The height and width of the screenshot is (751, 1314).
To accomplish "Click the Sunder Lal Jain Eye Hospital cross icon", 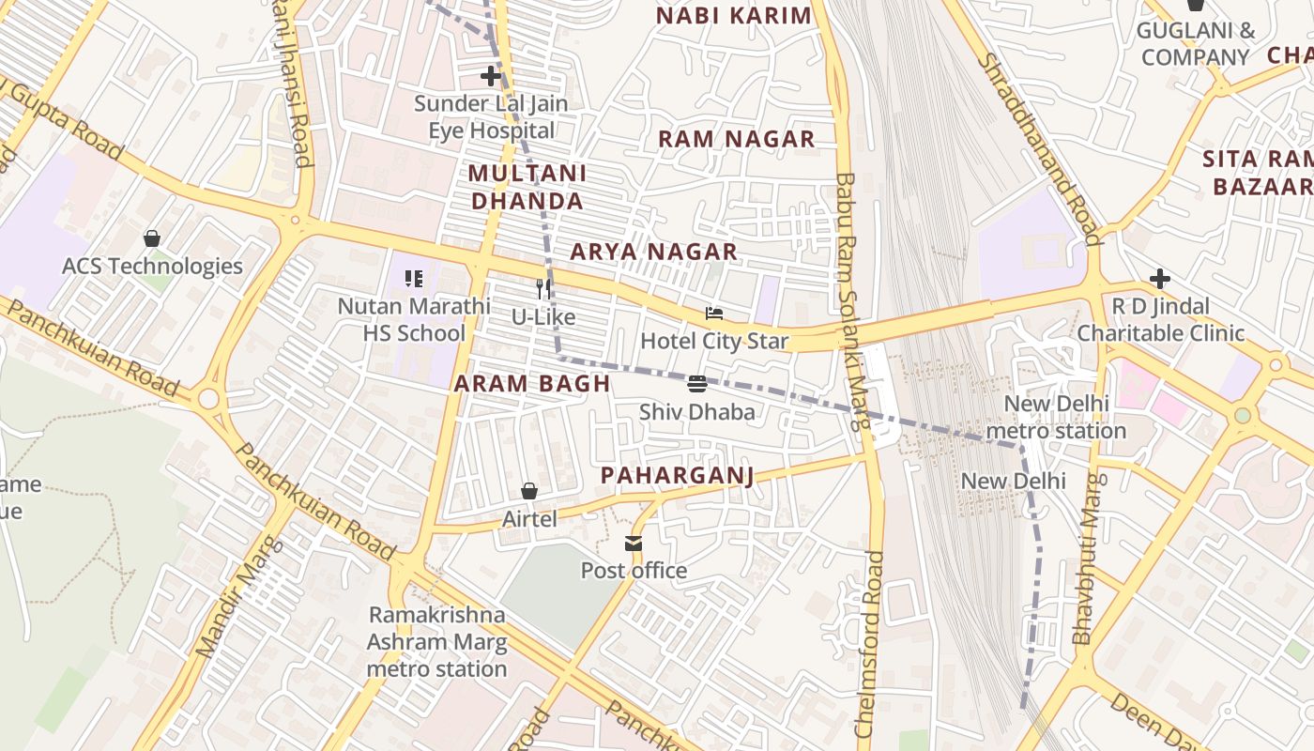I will pyautogui.click(x=491, y=76).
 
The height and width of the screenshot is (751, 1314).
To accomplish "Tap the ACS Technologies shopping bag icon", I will pyautogui.click(x=151, y=238).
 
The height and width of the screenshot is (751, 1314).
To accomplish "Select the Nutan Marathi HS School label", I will pyautogui.click(x=414, y=319).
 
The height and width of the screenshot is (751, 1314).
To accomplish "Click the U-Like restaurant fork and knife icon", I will pyautogui.click(x=543, y=289).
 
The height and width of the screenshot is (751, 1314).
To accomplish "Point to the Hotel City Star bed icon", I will pyautogui.click(x=714, y=313).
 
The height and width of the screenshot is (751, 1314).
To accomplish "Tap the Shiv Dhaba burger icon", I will pyautogui.click(x=696, y=383).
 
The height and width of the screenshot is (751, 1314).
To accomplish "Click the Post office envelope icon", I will pyautogui.click(x=634, y=543).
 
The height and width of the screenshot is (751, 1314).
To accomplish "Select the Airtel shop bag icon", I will pyautogui.click(x=529, y=491).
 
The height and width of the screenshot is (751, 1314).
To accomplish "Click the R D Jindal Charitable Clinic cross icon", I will pyautogui.click(x=1160, y=279).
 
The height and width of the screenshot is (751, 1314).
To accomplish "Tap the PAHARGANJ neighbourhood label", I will pyautogui.click(x=677, y=476).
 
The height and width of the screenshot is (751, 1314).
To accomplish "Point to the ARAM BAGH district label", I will pyautogui.click(x=532, y=383).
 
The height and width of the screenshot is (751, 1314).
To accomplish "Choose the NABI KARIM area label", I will pyautogui.click(x=733, y=16).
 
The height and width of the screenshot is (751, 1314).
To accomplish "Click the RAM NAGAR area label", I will pyautogui.click(x=736, y=140).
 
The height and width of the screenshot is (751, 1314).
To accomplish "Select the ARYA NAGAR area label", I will pyautogui.click(x=653, y=252).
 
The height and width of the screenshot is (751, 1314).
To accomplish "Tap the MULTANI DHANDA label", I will pyautogui.click(x=527, y=187).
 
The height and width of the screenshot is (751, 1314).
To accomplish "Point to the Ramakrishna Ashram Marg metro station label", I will pyautogui.click(x=436, y=641).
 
